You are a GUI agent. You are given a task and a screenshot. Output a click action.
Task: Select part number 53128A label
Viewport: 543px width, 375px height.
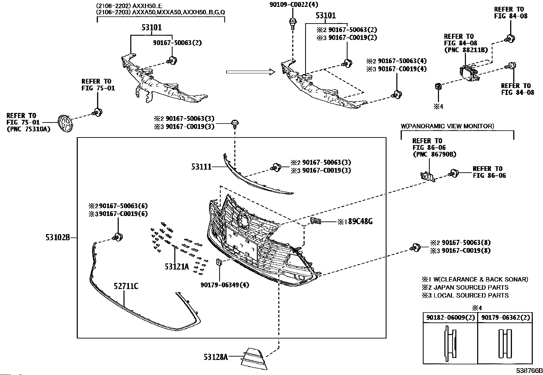click(216, 357)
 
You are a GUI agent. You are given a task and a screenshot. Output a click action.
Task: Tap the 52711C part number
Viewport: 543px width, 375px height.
click(126, 286)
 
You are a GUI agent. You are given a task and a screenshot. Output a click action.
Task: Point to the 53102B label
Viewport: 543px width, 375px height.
click(58, 237)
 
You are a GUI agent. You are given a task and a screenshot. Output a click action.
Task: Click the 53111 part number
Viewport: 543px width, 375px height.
click(201, 167)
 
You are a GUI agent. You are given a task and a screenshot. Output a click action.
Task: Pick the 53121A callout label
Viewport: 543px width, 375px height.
click(177, 266)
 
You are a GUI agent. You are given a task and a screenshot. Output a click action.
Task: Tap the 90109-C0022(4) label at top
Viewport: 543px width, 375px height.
click(293, 5)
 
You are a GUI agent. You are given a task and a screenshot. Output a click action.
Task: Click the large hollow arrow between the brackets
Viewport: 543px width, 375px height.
click(250, 72)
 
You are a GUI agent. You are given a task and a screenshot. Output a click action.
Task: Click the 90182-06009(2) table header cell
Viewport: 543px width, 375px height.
click(450, 317)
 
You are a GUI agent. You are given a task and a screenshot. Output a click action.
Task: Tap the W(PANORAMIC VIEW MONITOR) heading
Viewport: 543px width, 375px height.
click(447, 126)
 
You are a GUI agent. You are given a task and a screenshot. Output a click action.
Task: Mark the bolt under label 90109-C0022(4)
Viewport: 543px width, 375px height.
click(292, 23)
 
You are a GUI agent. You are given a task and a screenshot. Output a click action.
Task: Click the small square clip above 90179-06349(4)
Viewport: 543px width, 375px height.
click(219, 262)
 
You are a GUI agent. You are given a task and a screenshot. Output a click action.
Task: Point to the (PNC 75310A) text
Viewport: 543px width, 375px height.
click(29, 129)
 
